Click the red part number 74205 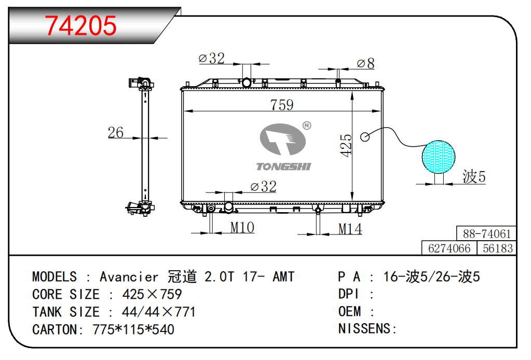pyautogui.click(x=80, y=26)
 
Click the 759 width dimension pyautogui.click(x=282, y=105)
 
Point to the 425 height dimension pyautogui.click(x=346, y=145)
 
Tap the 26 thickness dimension pyautogui.click(x=115, y=132)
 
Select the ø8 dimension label pyautogui.click(x=366, y=63)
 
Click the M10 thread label pyautogui.click(x=242, y=227)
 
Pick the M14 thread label pyautogui.click(x=350, y=229)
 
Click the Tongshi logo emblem pyautogui.click(x=283, y=139)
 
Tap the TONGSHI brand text pyautogui.click(x=283, y=167)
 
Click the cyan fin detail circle pyautogui.click(x=439, y=157)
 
